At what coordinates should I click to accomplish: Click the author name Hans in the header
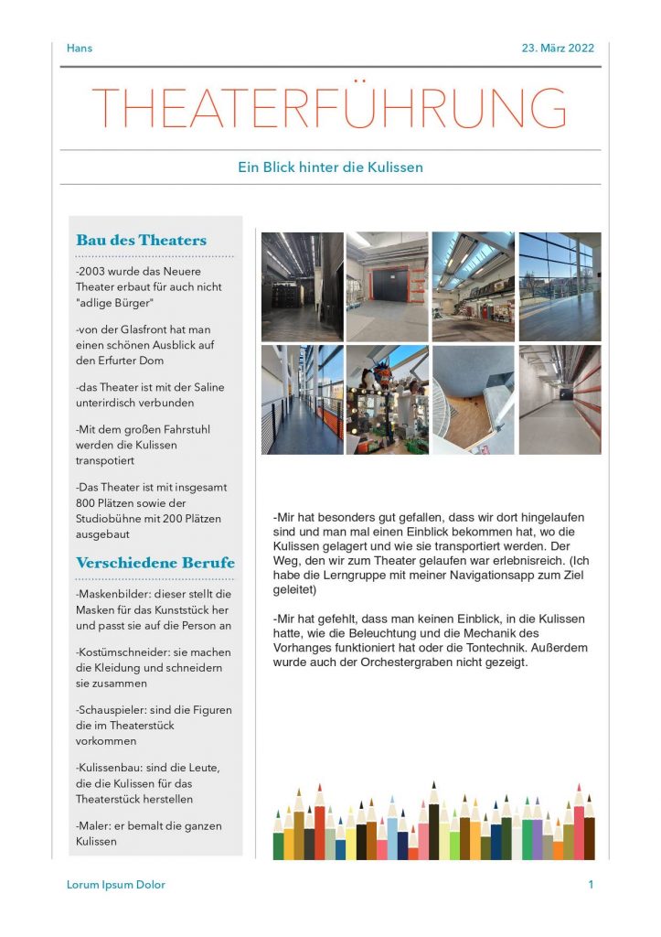[x=80, y=48]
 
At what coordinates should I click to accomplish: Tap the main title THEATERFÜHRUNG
[x=329, y=108]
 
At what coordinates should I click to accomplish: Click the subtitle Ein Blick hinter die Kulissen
[x=330, y=167]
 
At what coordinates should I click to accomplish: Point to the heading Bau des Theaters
[x=141, y=241]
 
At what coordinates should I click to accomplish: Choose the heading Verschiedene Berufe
[x=155, y=563]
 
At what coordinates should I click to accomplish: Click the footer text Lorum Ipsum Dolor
[x=116, y=885]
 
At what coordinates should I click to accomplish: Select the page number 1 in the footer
[x=591, y=885]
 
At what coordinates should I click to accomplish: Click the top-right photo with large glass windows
[x=560, y=286]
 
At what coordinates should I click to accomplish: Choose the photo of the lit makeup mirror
[x=387, y=400]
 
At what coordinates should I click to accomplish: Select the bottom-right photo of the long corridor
[x=560, y=400]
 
